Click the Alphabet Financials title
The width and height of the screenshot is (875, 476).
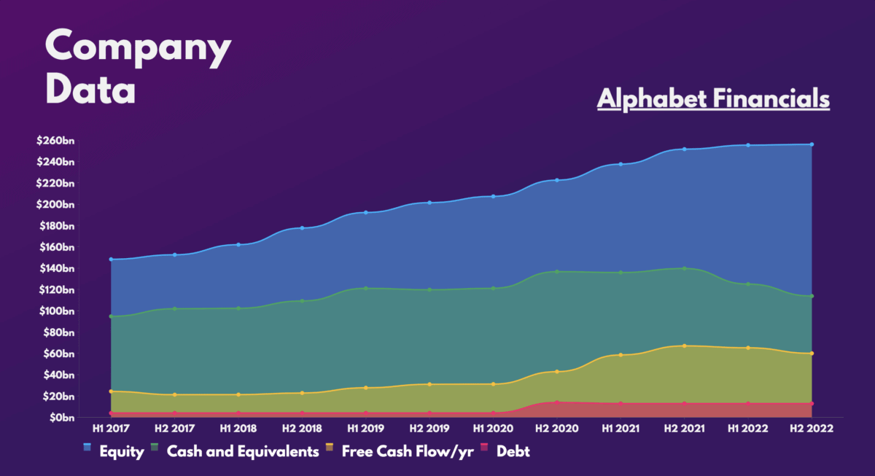pyautogui.click(x=713, y=98)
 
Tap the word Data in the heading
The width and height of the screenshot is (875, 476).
pyautogui.click(x=90, y=90)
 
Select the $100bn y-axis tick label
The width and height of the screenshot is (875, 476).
pyautogui.click(x=56, y=311)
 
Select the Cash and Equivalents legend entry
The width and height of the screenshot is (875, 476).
pyautogui.click(x=234, y=452)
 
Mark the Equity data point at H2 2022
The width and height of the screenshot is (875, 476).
pyautogui.click(x=812, y=144)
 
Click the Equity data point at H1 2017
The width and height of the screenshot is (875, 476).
pyautogui.click(x=110, y=260)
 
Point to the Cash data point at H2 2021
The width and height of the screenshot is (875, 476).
pyautogui.click(x=684, y=268)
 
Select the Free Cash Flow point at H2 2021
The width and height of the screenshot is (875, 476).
pyautogui.click(x=684, y=346)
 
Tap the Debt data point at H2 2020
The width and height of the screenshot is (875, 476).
pyautogui.click(x=556, y=402)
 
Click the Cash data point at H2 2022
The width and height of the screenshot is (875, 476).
pyautogui.click(x=812, y=296)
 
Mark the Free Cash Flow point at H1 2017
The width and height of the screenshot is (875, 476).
pyautogui.click(x=110, y=391)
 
